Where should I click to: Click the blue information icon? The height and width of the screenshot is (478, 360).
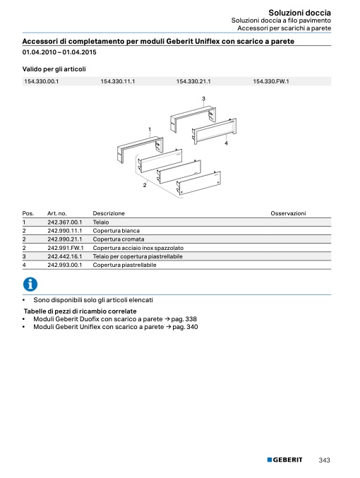[x=30, y=284]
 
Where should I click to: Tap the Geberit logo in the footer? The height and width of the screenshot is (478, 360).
[x=284, y=460]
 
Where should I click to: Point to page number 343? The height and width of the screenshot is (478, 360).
[x=324, y=460]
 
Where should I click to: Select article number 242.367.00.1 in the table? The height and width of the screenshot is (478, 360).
[x=65, y=222]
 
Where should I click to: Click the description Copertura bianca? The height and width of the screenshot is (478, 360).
[x=116, y=231]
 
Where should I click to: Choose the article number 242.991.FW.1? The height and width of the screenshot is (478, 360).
[x=66, y=248]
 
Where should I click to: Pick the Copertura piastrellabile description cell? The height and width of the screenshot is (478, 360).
[x=124, y=265]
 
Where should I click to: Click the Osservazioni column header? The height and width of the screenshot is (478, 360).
[x=288, y=213]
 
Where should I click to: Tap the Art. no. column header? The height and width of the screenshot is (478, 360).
[x=57, y=213]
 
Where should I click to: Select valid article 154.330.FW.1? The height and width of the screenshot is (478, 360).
[x=271, y=81]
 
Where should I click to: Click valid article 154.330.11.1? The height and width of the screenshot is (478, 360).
[x=118, y=81]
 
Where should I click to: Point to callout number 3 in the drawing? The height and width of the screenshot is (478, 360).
[x=203, y=98]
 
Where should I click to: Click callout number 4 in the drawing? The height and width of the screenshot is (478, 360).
[x=226, y=143]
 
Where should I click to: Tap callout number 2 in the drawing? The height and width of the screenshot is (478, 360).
[x=145, y=185]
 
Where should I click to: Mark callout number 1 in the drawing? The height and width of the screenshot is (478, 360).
[x=150, y=129]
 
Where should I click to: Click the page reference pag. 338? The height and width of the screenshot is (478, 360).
[x=184, y=319]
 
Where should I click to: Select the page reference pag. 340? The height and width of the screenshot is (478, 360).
[x=185, y=327]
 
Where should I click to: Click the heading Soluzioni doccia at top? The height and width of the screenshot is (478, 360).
[x=299, y=13]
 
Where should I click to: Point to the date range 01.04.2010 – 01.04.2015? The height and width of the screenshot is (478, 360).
[x=59, y=52]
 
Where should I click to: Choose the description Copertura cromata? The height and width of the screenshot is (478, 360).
[x=119, y=239]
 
